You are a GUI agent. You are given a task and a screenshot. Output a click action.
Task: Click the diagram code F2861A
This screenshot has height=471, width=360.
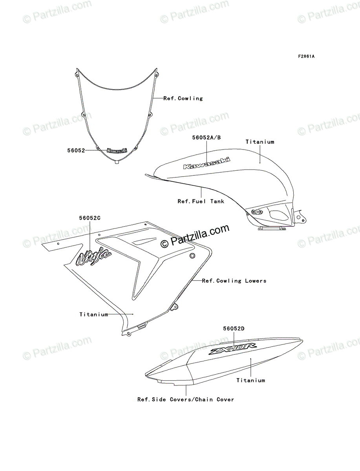pos(306,56)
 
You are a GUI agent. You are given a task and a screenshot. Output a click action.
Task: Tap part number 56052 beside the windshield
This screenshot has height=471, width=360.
pos(76,150)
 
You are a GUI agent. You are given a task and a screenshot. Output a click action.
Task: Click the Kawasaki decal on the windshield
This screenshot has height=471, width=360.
pos(117,151)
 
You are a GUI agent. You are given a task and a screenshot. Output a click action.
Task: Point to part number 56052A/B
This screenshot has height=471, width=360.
pos(206,137)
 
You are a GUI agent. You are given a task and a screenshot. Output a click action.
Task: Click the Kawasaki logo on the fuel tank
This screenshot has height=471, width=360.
pos(206,163)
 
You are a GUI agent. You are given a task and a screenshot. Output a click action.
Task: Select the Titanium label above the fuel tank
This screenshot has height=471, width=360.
pos(260,142)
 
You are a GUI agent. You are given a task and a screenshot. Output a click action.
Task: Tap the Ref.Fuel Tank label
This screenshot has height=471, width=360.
pos(201,201)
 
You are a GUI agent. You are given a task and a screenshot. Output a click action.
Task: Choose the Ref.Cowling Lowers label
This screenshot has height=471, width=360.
pos(234,281)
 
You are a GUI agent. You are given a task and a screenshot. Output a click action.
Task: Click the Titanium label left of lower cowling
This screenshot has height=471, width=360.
pos(93,314)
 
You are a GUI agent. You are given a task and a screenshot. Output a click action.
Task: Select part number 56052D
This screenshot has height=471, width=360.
pos(234,328)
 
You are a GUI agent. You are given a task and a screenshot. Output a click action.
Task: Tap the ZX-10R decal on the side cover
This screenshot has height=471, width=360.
pos(233,349)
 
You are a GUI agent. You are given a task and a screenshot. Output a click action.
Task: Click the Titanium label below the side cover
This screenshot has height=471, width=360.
pos(250,380)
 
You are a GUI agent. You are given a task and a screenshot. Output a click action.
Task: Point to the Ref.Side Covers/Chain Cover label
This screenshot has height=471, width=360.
pos(185,399)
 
